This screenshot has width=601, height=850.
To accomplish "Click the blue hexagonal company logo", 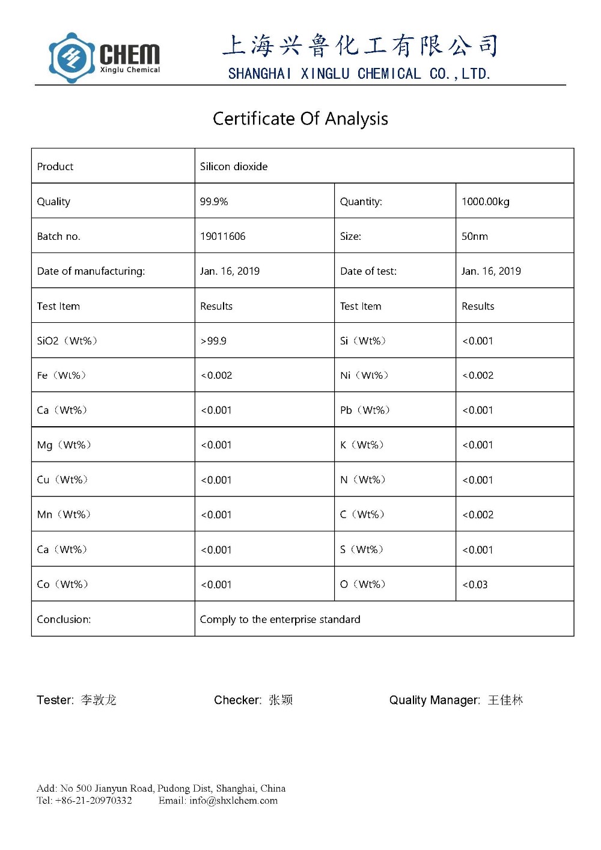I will coord(72,58).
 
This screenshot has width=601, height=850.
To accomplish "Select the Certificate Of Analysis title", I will coord(300,118).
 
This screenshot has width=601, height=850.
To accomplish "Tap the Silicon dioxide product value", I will coord(234,167).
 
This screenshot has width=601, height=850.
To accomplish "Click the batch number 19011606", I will coord(222,236).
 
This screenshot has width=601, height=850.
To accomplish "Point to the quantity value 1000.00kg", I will coord(485,201).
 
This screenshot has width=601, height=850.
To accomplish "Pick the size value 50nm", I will coord(474,236).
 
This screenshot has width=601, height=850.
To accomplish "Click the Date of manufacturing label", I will coord(91,271).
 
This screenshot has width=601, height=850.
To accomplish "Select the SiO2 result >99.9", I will coord(213,341).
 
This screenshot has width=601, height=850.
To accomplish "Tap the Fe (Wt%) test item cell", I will coord(61,376).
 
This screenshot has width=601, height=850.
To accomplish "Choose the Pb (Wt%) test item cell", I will coord(365,410).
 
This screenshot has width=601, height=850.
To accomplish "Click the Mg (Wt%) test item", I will coord(64,445).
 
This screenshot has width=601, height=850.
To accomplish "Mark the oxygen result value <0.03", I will coord(475,584).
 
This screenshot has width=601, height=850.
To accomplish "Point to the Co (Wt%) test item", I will coord(63,584).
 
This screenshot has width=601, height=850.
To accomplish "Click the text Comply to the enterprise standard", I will coord(280,619).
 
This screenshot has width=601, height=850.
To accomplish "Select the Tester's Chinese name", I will coord(99,700).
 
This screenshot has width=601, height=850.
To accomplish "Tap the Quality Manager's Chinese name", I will coord(505,700).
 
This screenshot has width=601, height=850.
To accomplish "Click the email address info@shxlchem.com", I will coord(233,800).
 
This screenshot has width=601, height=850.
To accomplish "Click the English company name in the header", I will coord(359,74).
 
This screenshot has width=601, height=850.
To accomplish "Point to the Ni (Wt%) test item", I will coord(364,376).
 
